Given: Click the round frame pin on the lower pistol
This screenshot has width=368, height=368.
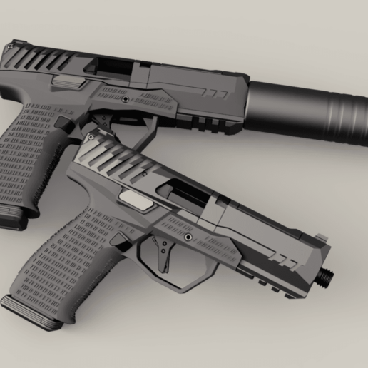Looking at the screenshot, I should coord(188,236).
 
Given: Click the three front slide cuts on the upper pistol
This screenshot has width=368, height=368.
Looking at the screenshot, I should coord(217,93).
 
